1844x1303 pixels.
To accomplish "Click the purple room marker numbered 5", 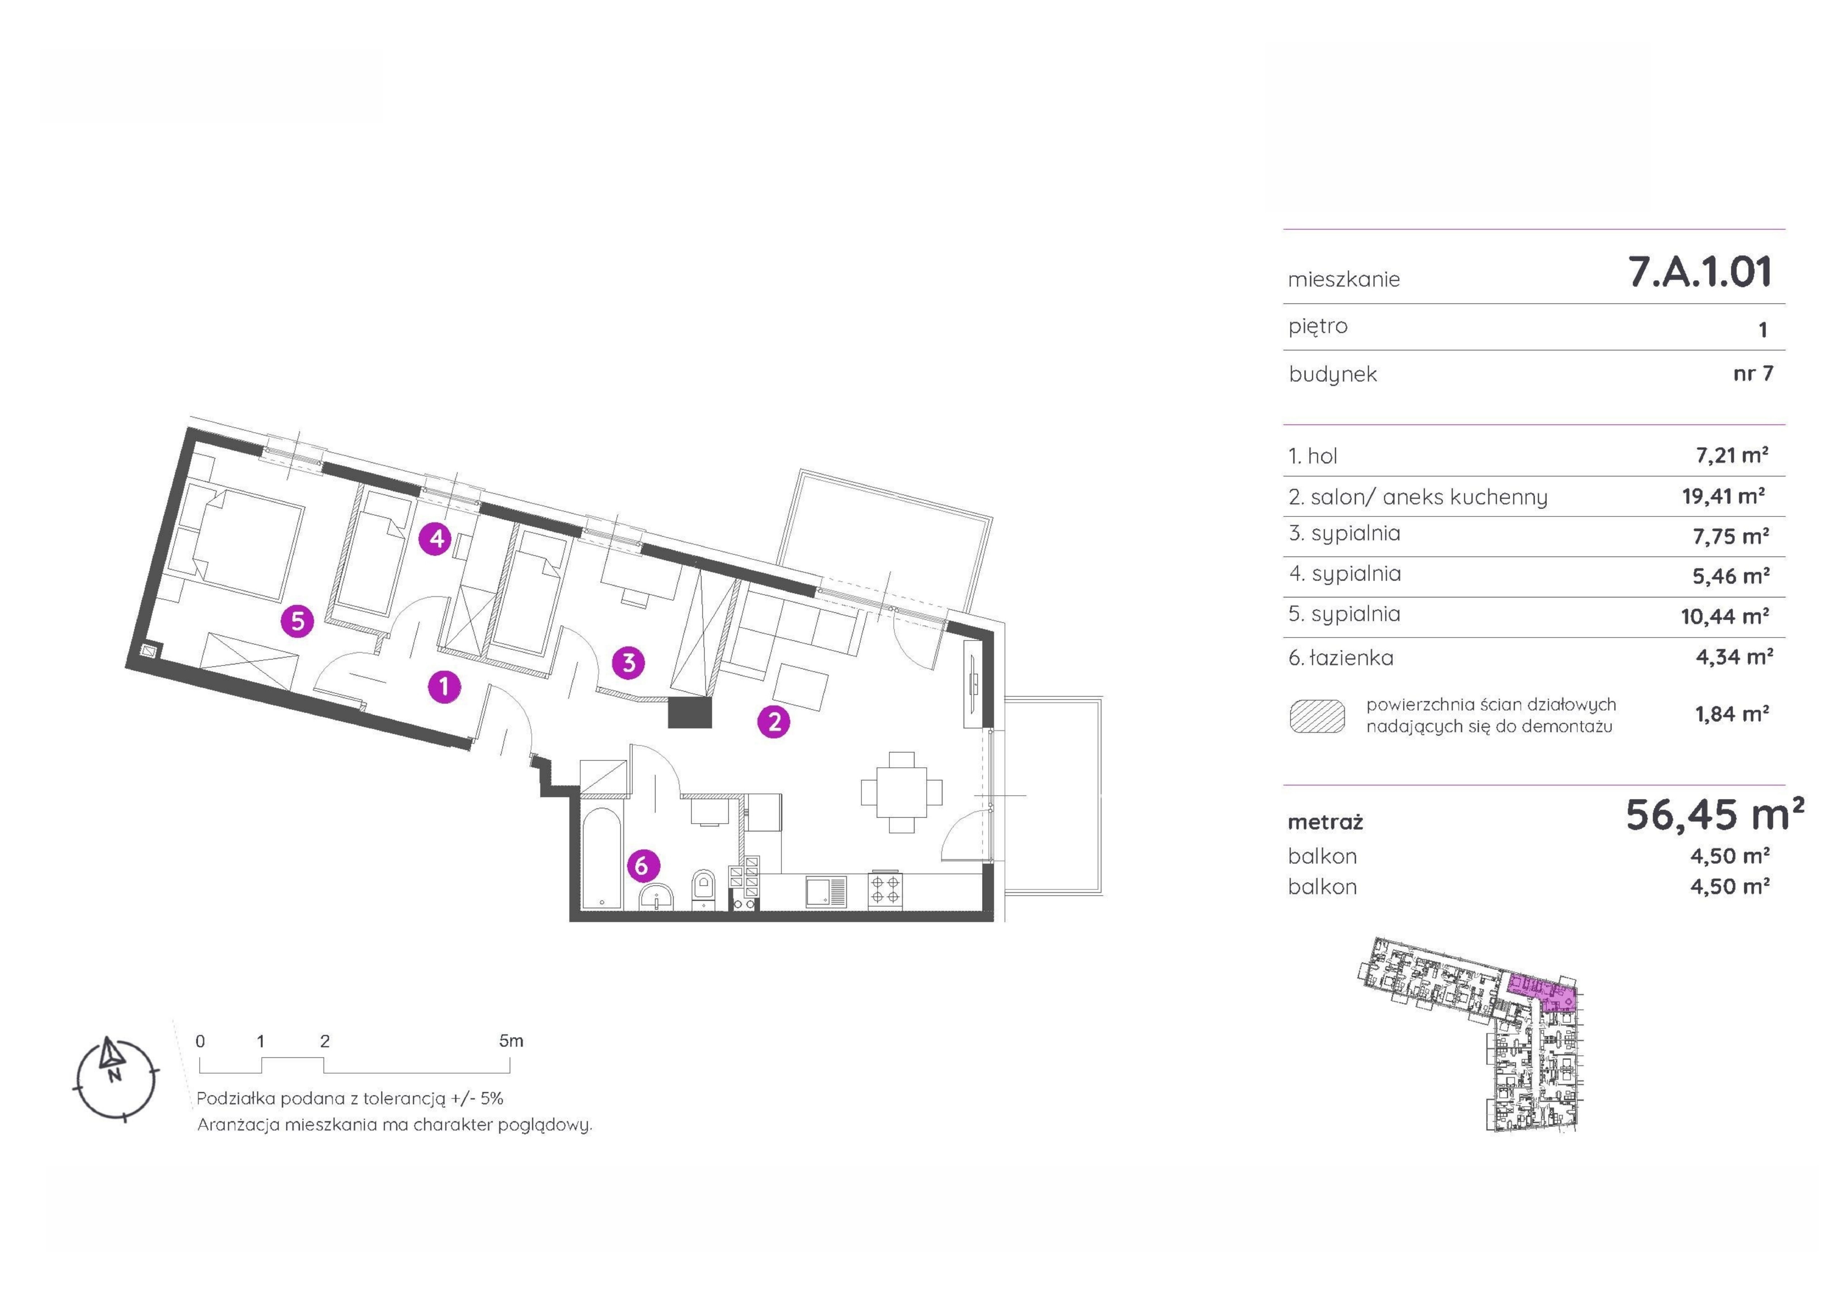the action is [297, 621].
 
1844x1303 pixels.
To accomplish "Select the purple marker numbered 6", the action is [642, 865].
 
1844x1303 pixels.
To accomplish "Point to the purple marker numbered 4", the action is [437, 538].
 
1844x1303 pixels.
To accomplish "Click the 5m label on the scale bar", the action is [511, 1041].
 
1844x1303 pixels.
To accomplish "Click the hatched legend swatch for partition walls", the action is [1317, 716].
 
